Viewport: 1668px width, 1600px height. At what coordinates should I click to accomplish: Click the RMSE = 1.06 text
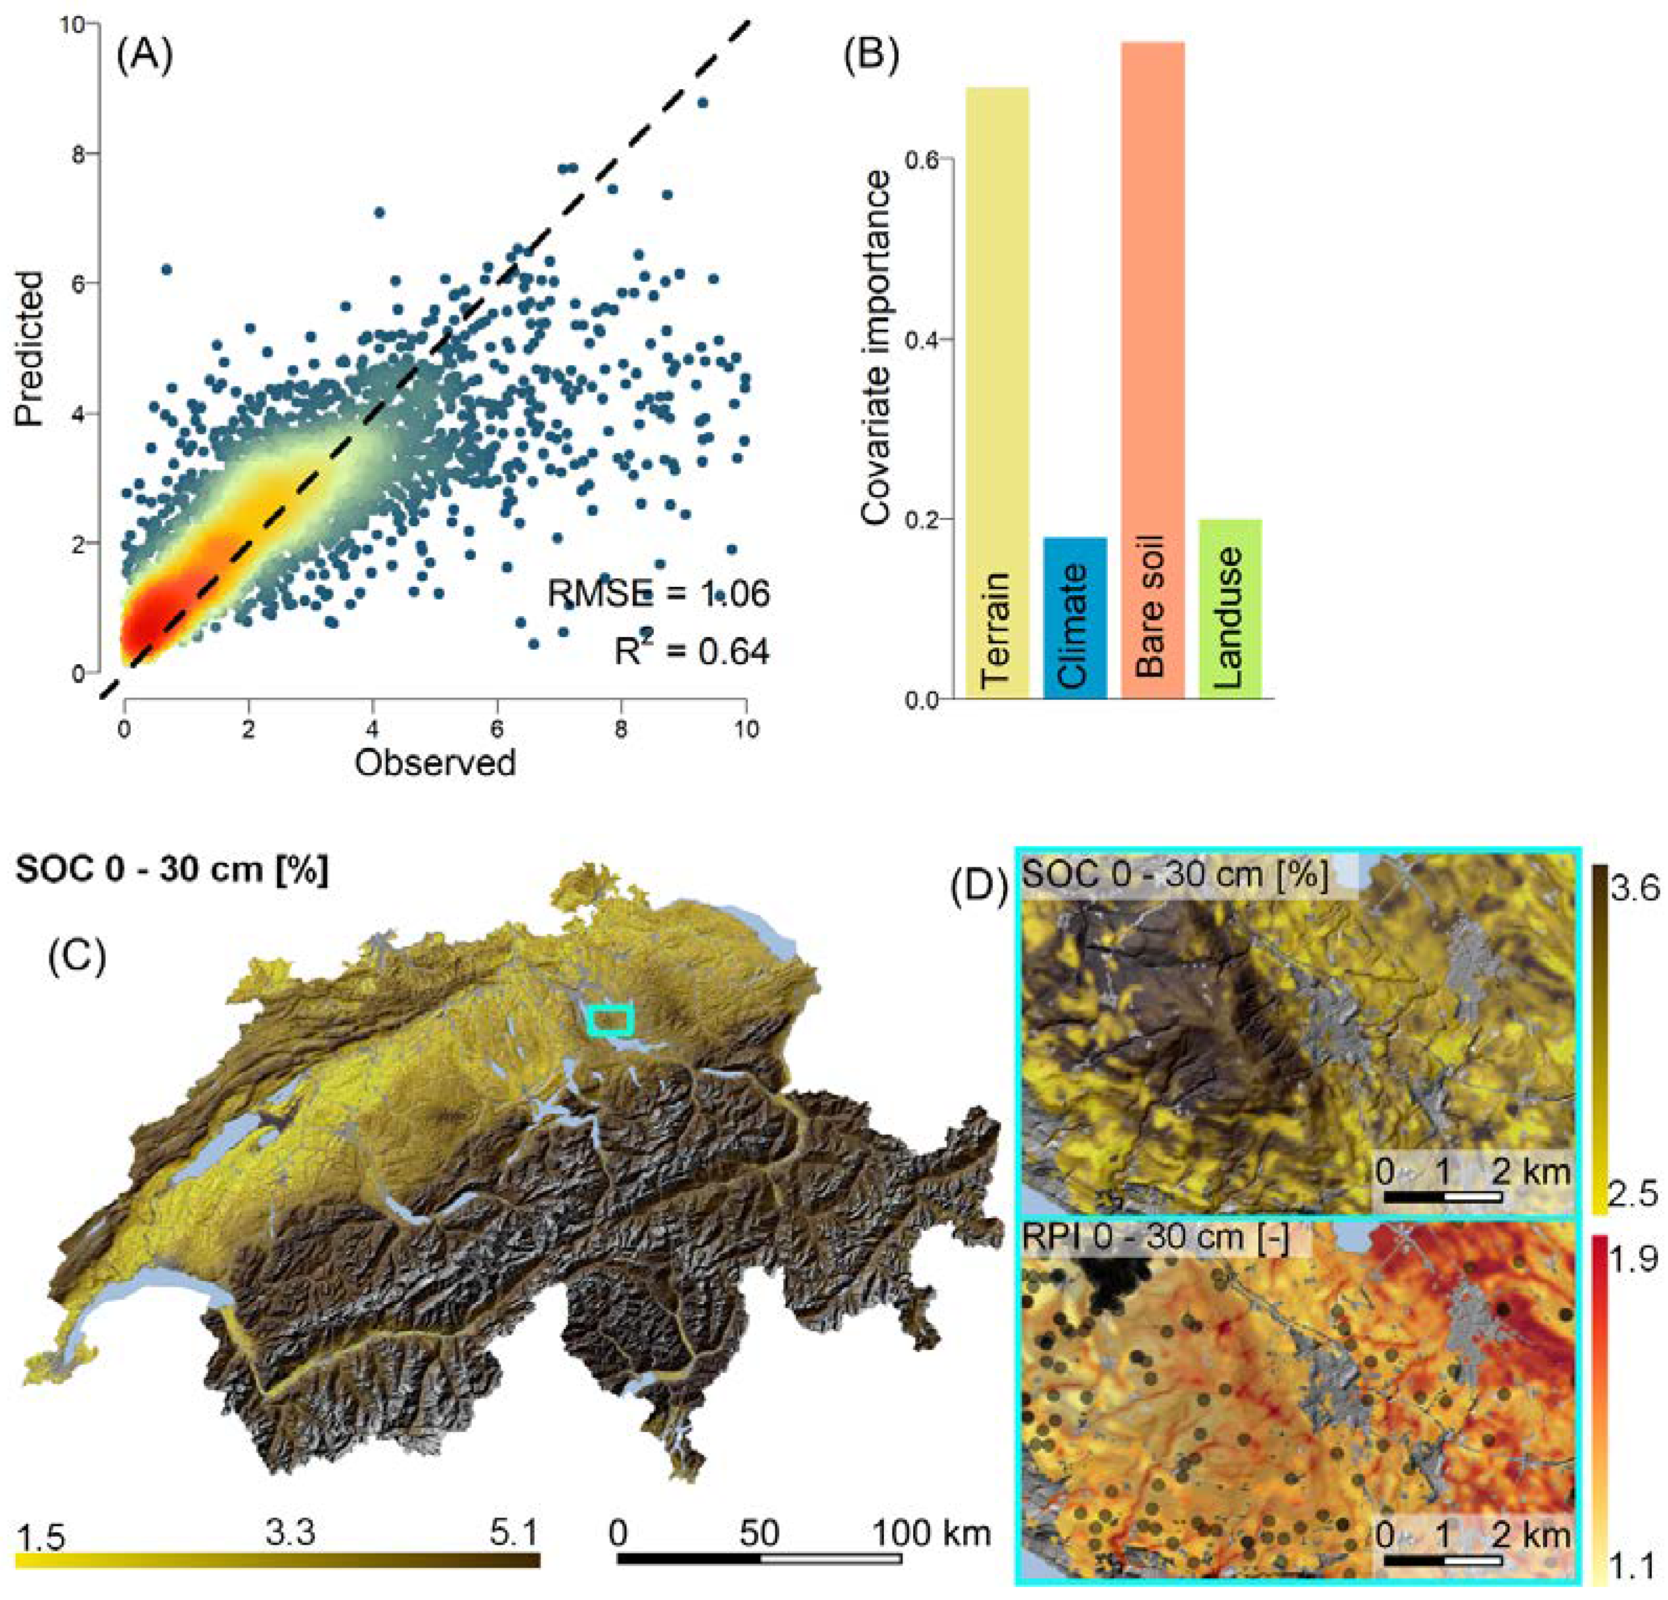658,593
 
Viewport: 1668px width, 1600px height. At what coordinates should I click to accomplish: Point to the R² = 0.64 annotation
692,652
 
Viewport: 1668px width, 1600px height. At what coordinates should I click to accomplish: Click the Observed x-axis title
435,763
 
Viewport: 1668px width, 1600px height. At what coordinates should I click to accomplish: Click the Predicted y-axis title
31,348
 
